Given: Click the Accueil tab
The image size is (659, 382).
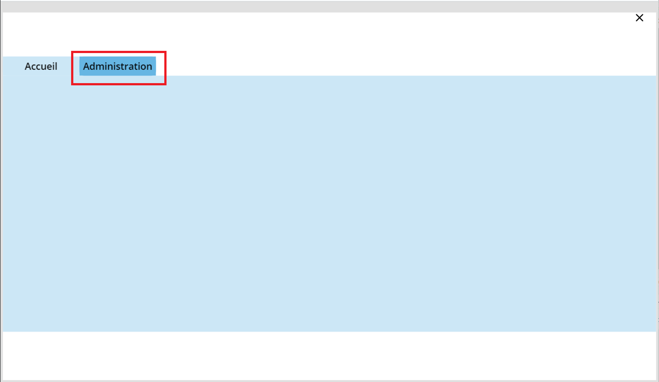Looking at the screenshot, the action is [41, 66].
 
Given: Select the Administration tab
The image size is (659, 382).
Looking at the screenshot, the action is [117, 66].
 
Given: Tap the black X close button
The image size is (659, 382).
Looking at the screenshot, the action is [639, 18].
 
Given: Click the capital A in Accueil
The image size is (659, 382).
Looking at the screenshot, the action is [28, 66].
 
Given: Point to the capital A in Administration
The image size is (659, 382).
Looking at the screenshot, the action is [87, 66].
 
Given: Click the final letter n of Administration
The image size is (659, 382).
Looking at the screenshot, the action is [149, 67].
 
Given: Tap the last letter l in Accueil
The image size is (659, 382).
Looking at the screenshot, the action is [56, 66].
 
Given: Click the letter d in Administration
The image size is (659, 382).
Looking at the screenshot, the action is [94, 66].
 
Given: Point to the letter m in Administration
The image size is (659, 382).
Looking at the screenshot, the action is [102, 67].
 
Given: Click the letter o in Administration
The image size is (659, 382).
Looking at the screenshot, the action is [142, 68].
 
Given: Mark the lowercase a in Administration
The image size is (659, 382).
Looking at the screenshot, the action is [132, 68].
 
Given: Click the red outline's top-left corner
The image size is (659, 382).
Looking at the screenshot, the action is [72, 52].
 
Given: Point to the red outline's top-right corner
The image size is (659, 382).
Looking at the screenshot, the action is [166, 52].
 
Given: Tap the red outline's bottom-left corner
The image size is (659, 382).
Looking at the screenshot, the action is [72, 84].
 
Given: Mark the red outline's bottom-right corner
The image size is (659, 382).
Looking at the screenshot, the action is [166, 84].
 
